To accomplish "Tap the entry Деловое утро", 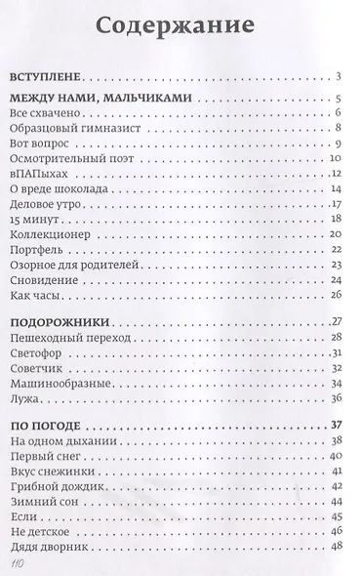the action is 54,205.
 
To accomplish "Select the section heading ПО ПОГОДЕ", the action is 55,426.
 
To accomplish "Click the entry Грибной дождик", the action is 60,487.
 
